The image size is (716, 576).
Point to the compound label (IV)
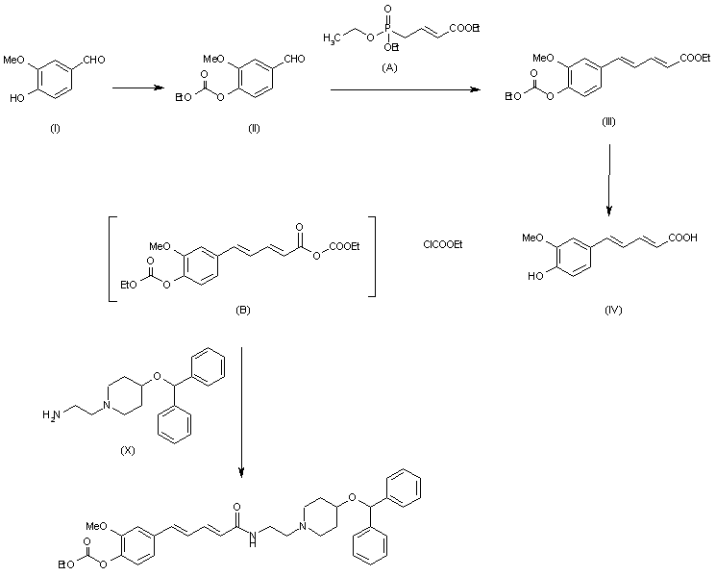point(612,309)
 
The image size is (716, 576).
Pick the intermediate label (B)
point(243,311)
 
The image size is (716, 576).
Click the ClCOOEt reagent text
point(443,245)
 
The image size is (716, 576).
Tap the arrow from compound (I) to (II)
point(144,89)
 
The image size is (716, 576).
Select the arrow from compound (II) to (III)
point(405,89)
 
